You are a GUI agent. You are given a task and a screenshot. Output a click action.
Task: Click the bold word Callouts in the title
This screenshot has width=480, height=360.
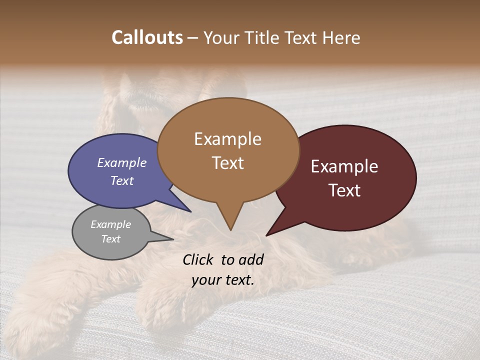147,37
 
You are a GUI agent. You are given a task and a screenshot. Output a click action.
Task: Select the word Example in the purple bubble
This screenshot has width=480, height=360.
122,162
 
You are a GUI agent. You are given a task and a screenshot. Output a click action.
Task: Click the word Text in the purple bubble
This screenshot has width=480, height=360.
122,180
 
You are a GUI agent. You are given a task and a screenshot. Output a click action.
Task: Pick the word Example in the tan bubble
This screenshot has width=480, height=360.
227,139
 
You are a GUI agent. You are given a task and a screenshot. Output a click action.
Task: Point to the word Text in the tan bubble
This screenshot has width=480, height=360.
227,163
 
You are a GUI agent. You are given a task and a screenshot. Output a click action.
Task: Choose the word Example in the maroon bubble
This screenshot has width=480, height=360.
344,166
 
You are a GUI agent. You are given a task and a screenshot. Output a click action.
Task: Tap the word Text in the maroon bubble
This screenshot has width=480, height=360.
344,190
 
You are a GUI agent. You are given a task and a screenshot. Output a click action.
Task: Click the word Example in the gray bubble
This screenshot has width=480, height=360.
110,224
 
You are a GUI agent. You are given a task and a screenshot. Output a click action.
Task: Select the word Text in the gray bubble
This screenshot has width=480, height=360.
110,239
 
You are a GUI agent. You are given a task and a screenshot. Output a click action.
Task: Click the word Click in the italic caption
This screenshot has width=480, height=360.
199,259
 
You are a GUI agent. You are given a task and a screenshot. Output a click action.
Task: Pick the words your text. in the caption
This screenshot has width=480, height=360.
223,280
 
